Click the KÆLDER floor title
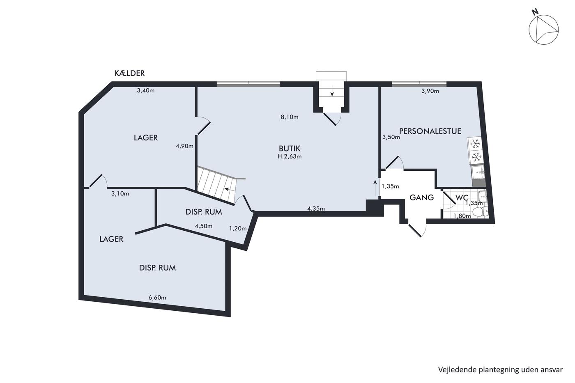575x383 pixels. coord(129,73)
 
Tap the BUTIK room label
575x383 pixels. coord(290,149)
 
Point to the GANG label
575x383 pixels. coord(421,197)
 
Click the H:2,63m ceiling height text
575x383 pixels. coord(290,156)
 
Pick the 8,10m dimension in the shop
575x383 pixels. coord(290,117)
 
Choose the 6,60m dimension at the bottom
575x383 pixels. coord(157,298)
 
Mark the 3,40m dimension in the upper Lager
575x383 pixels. coord(146,91)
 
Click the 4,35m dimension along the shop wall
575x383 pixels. coord(316,209)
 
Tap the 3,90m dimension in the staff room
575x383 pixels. coord(430,91)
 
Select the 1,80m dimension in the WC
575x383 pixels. coord(462,216)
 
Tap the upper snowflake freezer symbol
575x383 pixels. coord(475,144)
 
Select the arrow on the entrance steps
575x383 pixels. coord(332,91)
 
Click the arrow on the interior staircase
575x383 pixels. coord(230,189)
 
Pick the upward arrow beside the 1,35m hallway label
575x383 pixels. coord(375,188)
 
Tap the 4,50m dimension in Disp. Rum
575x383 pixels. coord(204,226)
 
